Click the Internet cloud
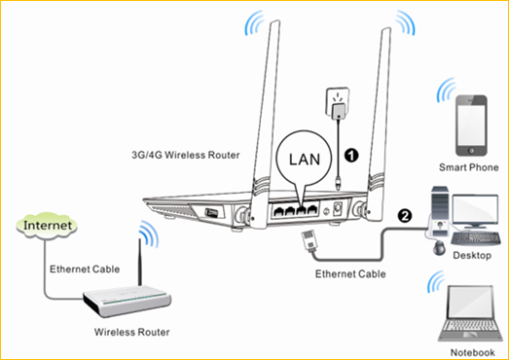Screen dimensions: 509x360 pyautogui.click(x=47, y=225)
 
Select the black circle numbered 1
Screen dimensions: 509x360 pyautogui.click(x=351, y=156)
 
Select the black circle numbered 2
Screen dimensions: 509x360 pyautogui.click(x=405, y=216)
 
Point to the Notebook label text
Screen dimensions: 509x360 pyautogui.click(x=472, y=352)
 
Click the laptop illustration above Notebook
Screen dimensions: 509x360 pyautogui.click(x=468, y=313)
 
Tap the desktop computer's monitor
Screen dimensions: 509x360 pyautogui.click(x=475, y=210)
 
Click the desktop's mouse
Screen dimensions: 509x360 pyautogui.click(x=439, y=248)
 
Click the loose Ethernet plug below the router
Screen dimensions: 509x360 pyautogui.click(x=309, y=239)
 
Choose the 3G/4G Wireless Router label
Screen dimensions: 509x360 pyautogui.click(x=186, y=155)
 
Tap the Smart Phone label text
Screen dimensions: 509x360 pyautogui.click(x=469, y=167)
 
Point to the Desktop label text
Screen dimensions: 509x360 pyautogui.click(x=472, y=255)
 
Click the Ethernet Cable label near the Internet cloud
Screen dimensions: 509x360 pyautogui.click(x=85, y=270)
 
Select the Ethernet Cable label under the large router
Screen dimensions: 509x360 pyautogui.click(x=350, y=274)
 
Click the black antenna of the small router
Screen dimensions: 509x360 pyautogui.click(x=140, y=263)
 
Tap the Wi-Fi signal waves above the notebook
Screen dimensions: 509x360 pyautogui.click(x=436, y=281)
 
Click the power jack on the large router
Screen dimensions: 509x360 pyautogui.click(x=339, y=208)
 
